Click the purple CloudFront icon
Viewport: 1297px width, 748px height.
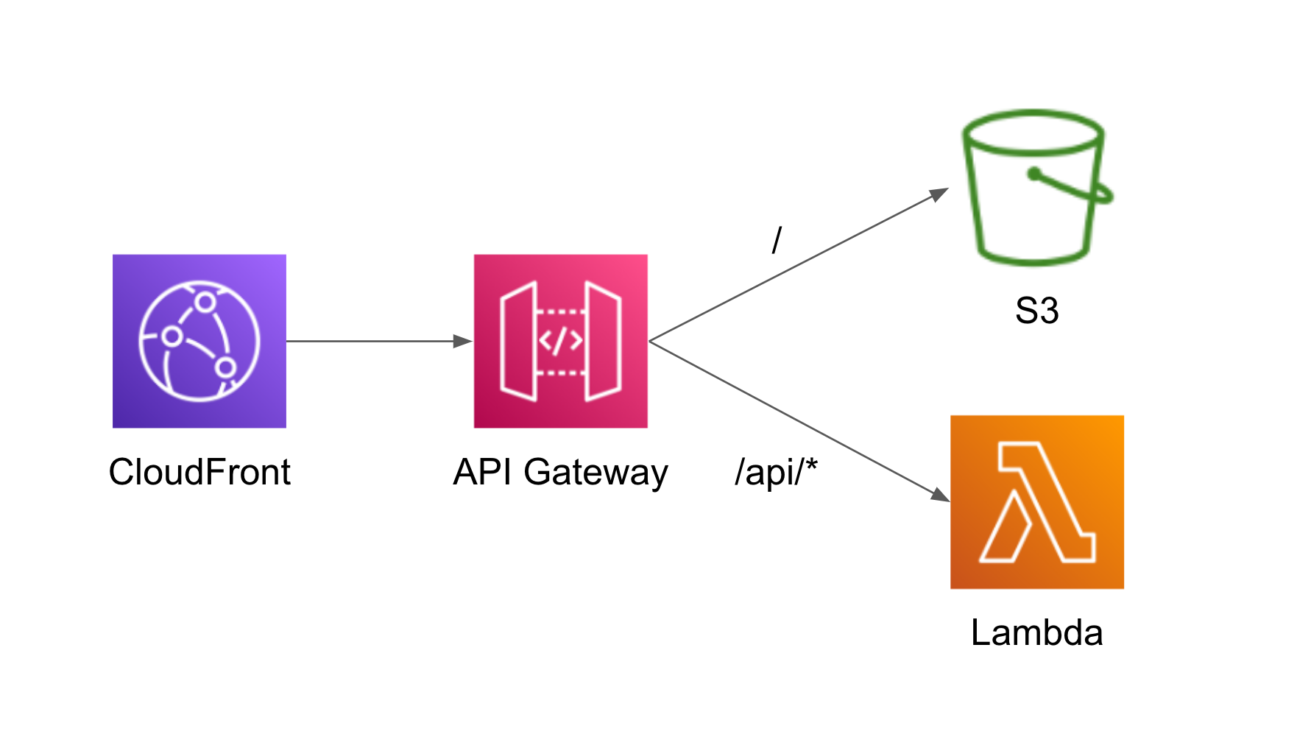(x=199, y=341)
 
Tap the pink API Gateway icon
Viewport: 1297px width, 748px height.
(x=560, y=341)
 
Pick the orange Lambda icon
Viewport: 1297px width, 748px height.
(x=1036, y=501)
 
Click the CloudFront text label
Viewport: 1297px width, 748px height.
(x=199, y=472)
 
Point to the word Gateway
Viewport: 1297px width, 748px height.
(x=596, y=472)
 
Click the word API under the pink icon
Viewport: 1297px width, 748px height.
(x=483, y=472)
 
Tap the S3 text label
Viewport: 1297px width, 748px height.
(x=1036, y=311)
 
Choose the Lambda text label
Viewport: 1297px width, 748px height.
(x=1036, y=632)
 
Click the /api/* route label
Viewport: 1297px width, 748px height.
(x=776, y=472)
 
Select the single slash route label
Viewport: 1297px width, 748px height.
(x=777, y=240)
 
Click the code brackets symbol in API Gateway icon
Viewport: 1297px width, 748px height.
(x=560, y=341)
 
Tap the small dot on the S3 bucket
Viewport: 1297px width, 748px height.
(x=1034, y=174)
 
